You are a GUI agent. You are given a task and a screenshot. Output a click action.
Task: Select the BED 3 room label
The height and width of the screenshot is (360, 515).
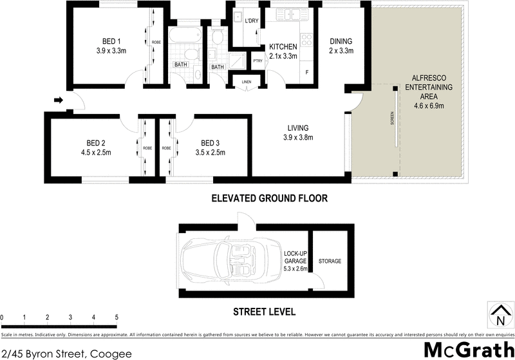click(213, 143)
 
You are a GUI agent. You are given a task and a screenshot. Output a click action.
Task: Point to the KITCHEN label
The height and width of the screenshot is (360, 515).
click(283, 46)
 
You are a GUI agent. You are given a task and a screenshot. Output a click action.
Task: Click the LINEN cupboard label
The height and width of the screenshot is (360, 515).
click(247, 82)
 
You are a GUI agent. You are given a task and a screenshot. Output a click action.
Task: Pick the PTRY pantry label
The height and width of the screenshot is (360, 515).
click(258, 61)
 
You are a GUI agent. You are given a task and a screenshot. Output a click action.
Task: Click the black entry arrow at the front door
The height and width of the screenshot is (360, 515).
click(57, 100)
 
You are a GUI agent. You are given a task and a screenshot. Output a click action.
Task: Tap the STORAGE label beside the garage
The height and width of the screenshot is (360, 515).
click(329, 261)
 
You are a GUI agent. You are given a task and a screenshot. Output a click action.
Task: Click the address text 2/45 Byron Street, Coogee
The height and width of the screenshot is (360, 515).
click(66, 353)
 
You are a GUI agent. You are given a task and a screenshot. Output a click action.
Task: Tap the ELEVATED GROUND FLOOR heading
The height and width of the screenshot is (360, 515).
click(270, 199)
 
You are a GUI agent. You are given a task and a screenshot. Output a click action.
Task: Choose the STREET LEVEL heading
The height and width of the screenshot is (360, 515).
click(264, 312)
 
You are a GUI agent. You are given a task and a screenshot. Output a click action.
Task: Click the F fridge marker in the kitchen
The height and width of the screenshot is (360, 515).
click(307, 71)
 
